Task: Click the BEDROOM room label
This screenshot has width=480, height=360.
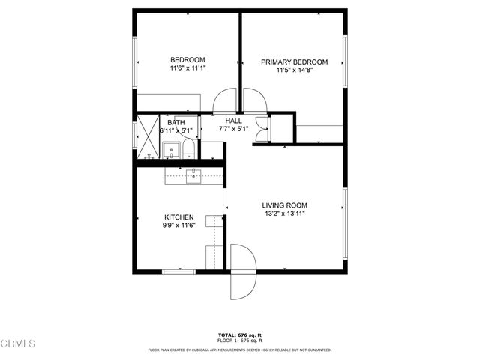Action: (x=187, y=60)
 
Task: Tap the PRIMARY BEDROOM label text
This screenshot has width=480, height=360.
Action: (x=294, y=62)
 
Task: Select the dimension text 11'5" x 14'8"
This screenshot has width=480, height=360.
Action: (x=294, y=70)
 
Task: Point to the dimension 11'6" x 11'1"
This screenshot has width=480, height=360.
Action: (x=187, y=68)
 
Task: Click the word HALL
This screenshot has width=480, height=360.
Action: (x=234, y=120)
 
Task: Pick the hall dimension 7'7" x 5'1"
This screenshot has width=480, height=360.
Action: (x=234, y=129)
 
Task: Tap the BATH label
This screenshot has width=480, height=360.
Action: (x=176, y=122)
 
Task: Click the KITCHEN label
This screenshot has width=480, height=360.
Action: (x=178, y=217)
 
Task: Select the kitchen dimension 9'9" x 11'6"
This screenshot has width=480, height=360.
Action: (x=178, y=226)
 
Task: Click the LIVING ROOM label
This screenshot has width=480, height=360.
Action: (x=284, y=205)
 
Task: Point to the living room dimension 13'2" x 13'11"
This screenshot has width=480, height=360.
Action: (x=284, y=214)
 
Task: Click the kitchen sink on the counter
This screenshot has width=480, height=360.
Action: (x=194, y=175)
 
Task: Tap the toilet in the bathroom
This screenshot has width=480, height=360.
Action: (x=188, y=150)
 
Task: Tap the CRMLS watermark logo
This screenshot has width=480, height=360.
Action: (x=18, y=343)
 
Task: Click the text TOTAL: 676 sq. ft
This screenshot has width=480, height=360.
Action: (x=239, y=334)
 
